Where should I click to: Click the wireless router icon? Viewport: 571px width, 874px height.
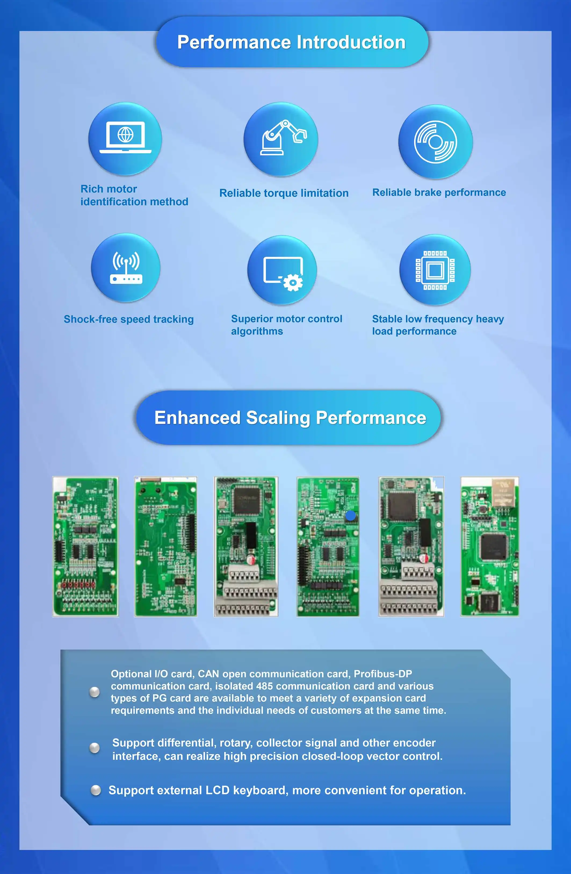click(126, 268)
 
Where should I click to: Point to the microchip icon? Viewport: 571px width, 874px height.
click(435, 270)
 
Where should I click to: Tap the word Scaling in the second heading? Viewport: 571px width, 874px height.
click(278, 418)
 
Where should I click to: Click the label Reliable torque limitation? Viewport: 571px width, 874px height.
click(284, 193)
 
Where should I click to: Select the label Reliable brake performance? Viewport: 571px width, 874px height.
click(439, 192)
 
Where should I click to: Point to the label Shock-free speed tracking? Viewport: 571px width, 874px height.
click(128, 319)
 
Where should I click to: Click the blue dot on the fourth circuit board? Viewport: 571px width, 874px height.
click(350, 515)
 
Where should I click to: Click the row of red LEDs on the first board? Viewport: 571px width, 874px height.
click(78, 584)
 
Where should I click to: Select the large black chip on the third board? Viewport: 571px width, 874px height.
click(246, 499)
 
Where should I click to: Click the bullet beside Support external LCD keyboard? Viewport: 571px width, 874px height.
click(96, 790)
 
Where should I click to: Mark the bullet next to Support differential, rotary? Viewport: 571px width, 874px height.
click(95, 748)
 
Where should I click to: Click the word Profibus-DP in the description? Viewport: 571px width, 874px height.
click(383, 674)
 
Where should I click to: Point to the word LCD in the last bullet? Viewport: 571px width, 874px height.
click(218, 790)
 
